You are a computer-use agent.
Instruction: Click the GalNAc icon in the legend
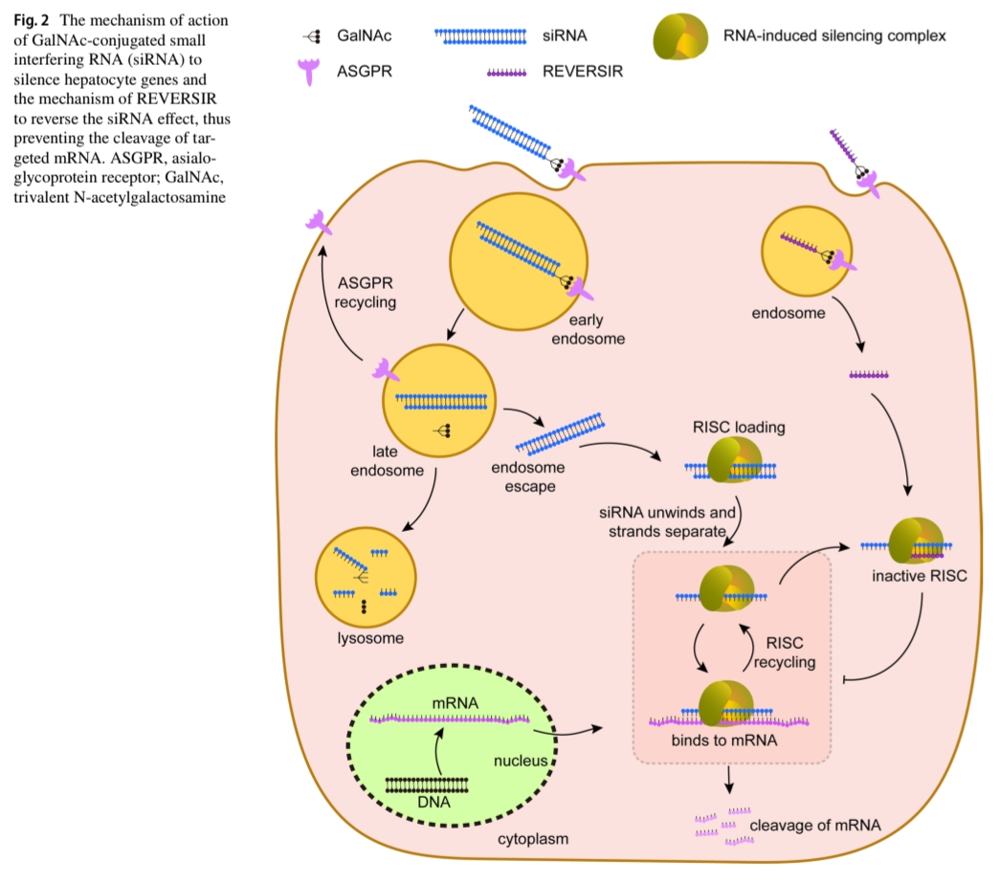[313, 36]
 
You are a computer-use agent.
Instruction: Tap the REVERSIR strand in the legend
[506, 72]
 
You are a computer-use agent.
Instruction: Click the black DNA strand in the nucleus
[427, 784]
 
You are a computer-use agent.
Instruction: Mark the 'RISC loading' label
[739, 428]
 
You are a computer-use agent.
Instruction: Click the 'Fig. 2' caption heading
[21, 20]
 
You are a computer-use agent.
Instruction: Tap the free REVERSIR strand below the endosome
[869, 375]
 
